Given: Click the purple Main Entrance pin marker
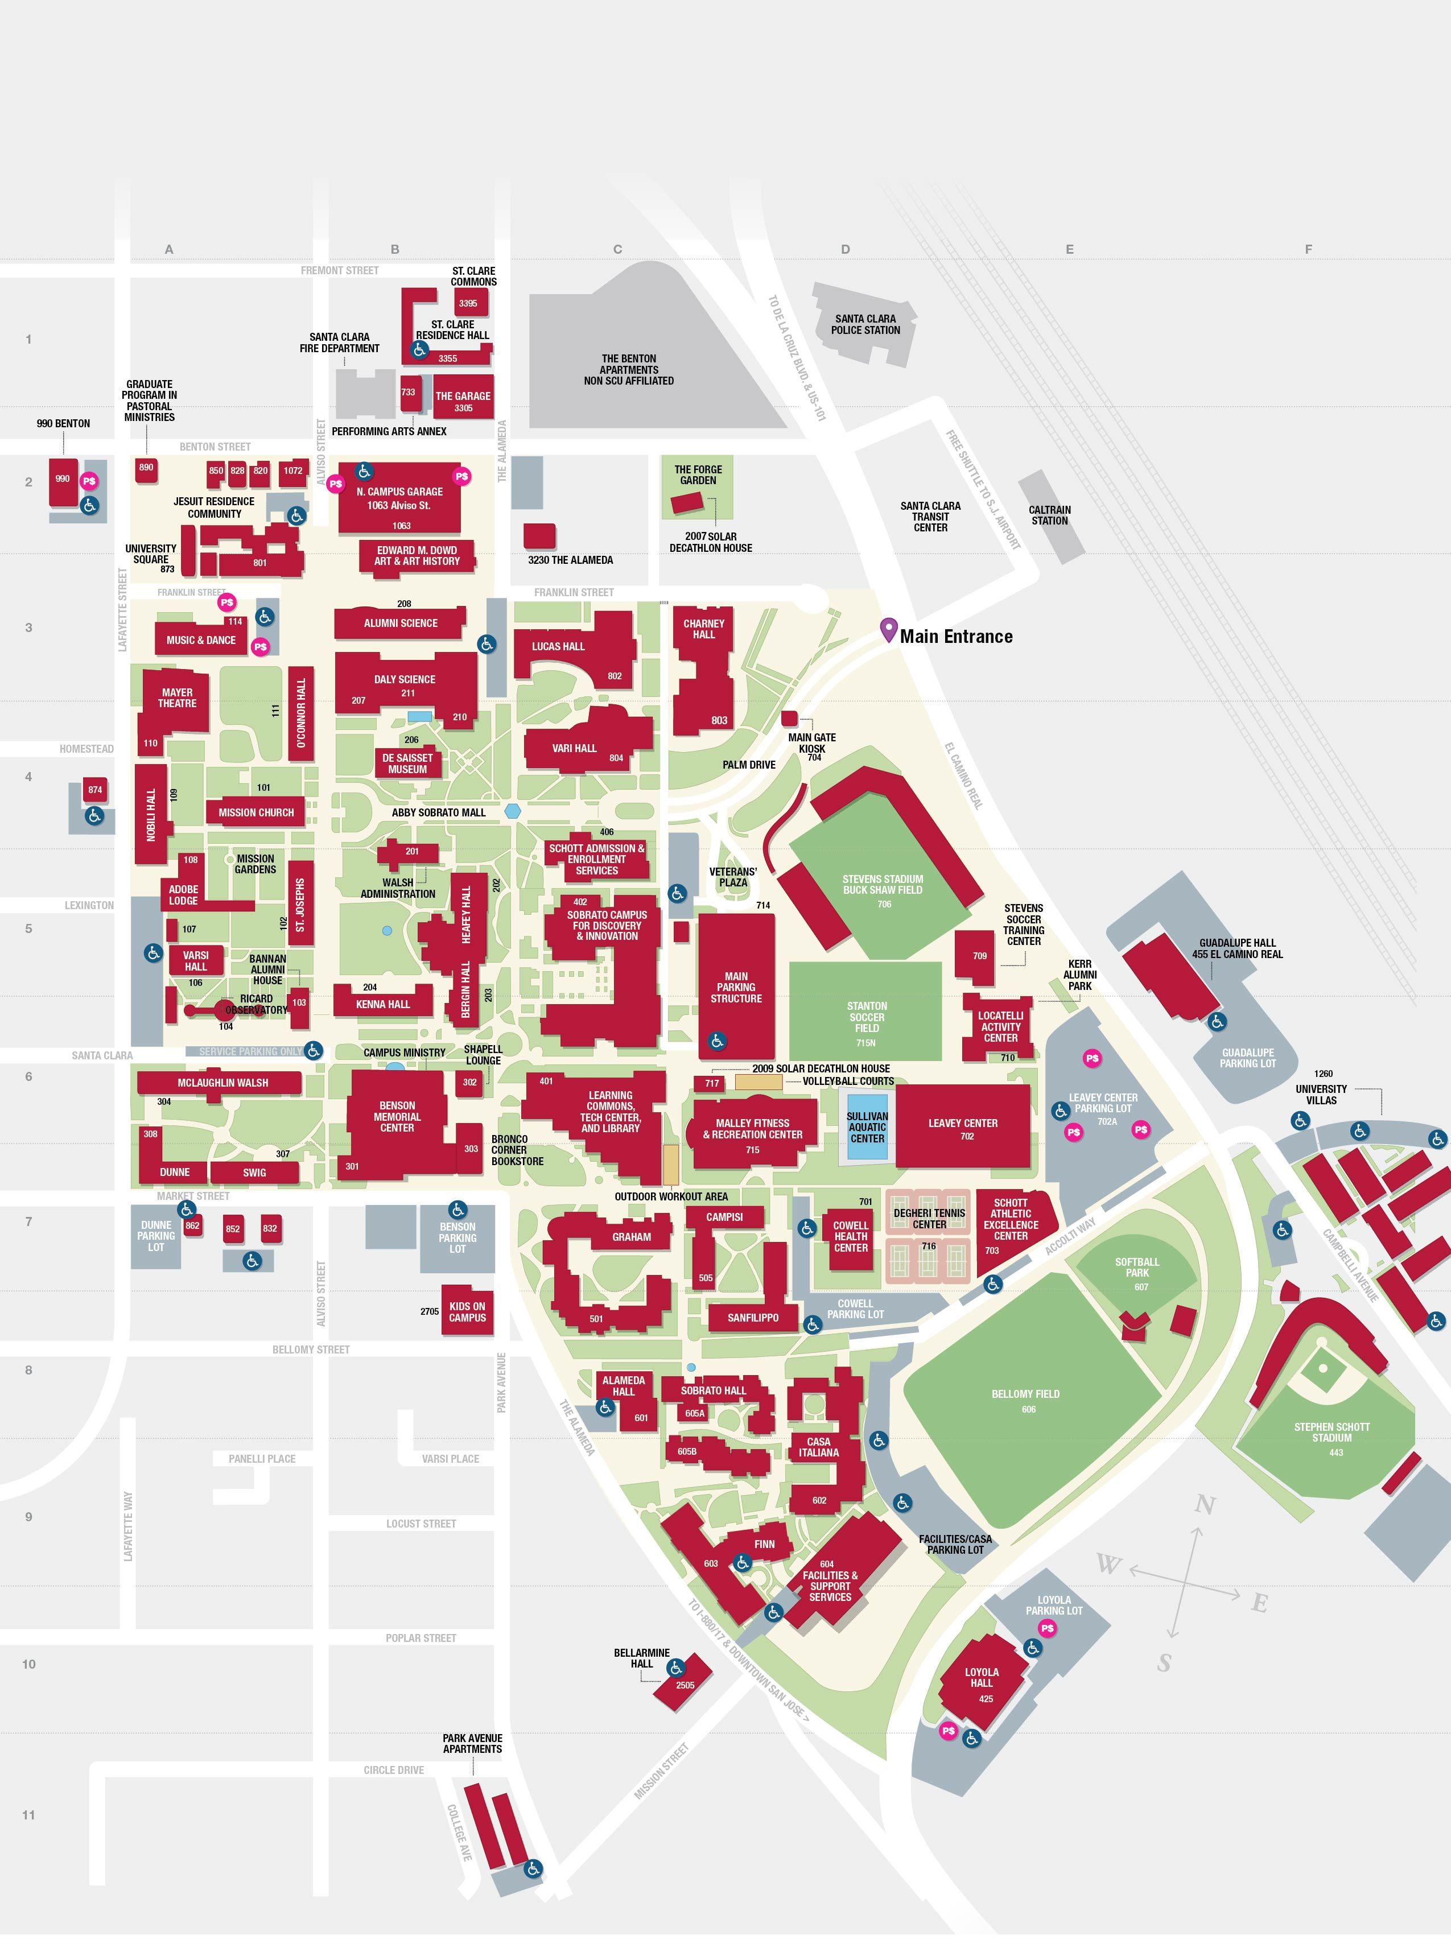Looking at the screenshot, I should (888, 629).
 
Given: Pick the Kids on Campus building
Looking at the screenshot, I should (467, 1311).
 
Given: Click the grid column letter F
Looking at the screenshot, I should (1308, 249).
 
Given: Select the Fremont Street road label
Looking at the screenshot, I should (339, 270).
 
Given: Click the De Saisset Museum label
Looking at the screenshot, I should (407, 763).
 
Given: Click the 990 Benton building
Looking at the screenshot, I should (63, 480).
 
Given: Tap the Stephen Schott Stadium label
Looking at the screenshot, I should (1331, 1431).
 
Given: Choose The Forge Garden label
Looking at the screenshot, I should (698, 474).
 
